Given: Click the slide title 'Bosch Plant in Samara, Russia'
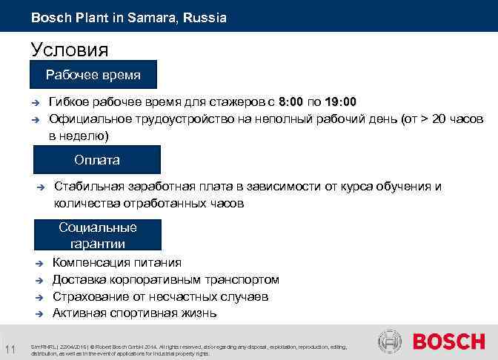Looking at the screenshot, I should (x=129, y=16).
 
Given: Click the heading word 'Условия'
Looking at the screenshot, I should (x=70, y=50).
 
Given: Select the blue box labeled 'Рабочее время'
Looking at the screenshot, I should (x=93, y=75).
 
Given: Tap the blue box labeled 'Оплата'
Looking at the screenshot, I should (x=96, y=160).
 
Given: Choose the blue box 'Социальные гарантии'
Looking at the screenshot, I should (x=98, y=235).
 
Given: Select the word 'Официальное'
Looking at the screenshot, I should (x=85, y=119).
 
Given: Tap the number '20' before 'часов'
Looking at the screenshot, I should (x=438, y=119).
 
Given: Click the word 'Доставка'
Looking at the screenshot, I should (x=78, y=279).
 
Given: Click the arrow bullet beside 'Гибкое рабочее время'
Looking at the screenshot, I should (x=34, y=102).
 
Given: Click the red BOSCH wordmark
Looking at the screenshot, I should (x=448, y=342).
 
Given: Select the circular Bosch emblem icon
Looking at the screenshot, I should (x=390, y=342).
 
